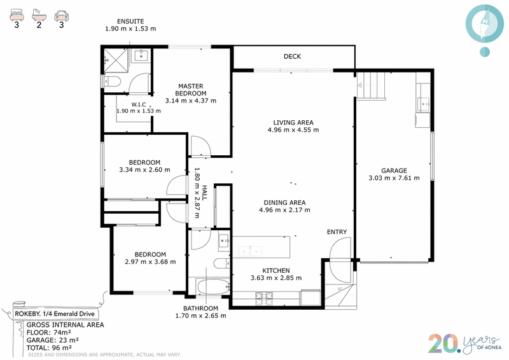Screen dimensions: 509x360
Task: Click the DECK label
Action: pos(292,57)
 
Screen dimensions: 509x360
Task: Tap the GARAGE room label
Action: pos(394,170)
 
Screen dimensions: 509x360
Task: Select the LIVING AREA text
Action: pos(293,123)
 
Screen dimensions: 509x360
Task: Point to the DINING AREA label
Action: pos(284,202)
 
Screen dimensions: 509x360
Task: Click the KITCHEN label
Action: pos(276,271)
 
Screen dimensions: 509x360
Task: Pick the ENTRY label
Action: pos(337,232)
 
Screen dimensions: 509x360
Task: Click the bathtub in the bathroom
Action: pos(213,287)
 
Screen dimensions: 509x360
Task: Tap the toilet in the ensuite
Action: pos(112,81)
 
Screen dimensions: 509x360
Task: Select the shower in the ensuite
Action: pos(116,60)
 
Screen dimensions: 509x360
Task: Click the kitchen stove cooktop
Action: pos(264,299)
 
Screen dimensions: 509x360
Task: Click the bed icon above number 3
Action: pos(17,15)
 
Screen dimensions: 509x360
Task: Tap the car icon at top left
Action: pos(61,15)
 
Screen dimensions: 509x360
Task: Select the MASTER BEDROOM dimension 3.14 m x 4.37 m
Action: pos(190,100)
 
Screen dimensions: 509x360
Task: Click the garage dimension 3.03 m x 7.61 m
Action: pos(394,178)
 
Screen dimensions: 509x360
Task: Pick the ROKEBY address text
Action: pos(55,314)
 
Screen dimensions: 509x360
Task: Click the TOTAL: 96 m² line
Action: pos(49,348)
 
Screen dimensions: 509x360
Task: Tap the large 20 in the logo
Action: pos(444,343)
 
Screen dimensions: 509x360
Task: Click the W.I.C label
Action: pos(139,104)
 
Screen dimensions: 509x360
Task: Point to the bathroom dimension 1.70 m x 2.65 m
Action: pos(200,315)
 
